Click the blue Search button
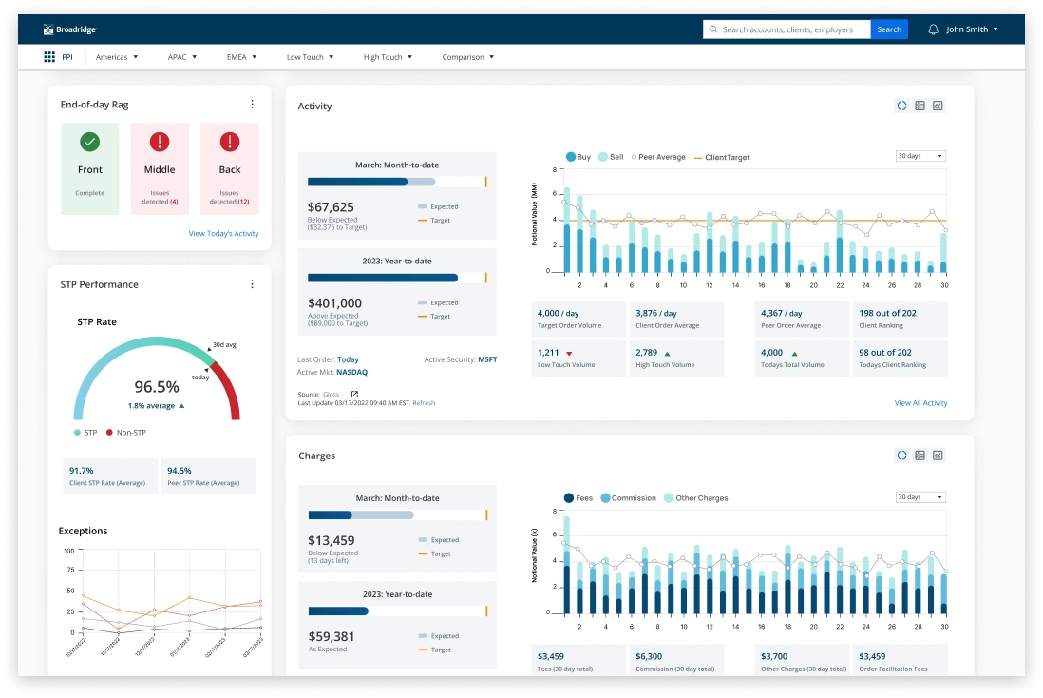(888, 29)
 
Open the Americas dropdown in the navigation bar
(116, 57)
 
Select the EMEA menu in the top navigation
(241, 57)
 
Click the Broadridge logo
(69, 29)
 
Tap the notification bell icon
(933, 29)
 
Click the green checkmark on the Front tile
(90, 142)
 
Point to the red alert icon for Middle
(160, 142)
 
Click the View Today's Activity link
(223, 233)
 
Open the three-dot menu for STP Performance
(252, 284)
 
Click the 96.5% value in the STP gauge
(157, 387)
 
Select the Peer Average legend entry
(661, 157)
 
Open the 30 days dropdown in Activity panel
(920, 156)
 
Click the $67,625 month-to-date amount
(331, 206)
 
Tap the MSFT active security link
(487, 359)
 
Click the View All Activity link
(920, 403)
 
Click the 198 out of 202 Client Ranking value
(887, 313)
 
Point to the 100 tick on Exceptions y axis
(68, 551)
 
